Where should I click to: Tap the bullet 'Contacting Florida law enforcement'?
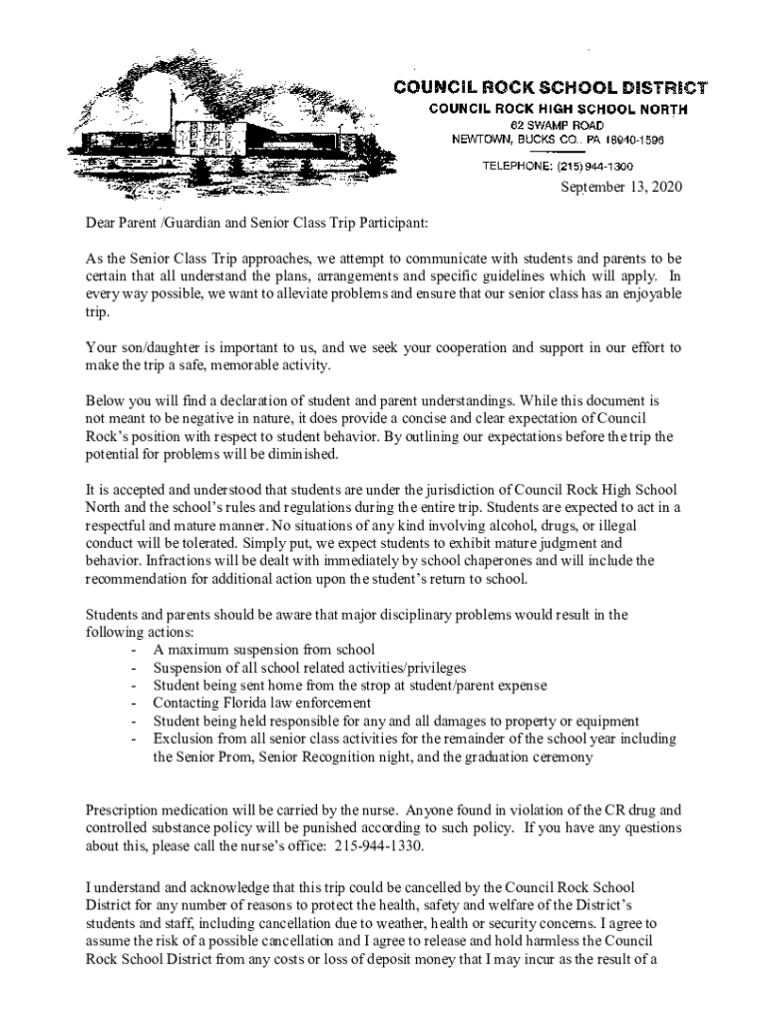pos(263,704)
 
